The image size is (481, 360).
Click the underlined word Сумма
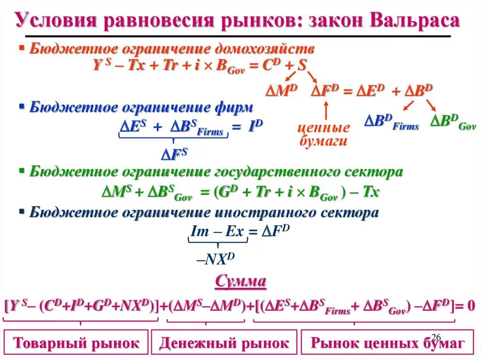point(240,282)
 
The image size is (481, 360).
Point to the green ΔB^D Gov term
point(453,122)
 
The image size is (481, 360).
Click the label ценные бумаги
point(325,134)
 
